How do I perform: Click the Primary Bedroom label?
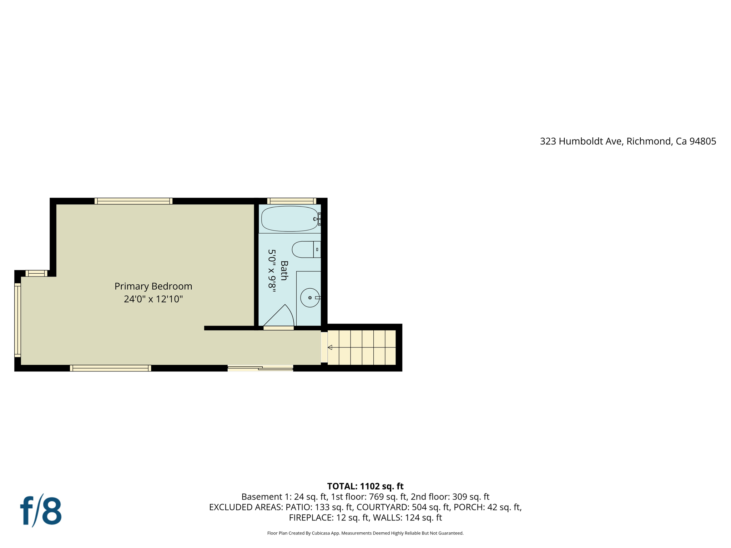coord(153,286)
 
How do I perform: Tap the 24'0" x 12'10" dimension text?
coord(153,299)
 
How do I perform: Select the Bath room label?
coord(284,270)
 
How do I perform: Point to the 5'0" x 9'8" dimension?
coord(272,270)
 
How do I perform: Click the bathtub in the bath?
coord(289,219)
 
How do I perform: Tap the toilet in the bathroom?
coord(306,249)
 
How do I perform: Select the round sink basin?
coord(310,298)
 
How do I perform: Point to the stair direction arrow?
coord(330,347)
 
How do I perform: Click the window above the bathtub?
coord(292,201)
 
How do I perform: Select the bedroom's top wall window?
coord(133,201)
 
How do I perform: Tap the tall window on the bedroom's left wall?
coord(17,320)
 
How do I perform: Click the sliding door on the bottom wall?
coord(260,368)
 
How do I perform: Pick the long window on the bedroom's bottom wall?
coord(110,368)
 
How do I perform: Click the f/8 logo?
coord(41,511)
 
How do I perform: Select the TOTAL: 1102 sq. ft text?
coord(365,486)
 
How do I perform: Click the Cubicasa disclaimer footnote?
coord(365,533)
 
